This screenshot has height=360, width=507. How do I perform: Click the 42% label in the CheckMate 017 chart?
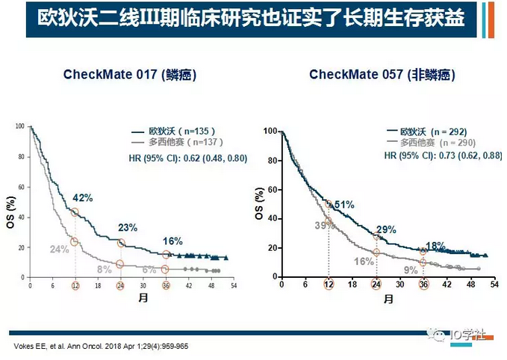click(82, 198)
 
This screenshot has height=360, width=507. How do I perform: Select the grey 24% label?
click(60, 250)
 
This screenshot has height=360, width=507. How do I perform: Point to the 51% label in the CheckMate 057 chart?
click(343, 205)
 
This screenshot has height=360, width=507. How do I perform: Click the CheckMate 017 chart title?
click(125, 75)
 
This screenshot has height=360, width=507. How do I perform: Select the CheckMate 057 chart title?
click(382, 75)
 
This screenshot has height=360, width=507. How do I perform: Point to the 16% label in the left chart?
click(173, 241)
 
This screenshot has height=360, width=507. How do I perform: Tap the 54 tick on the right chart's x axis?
click(494, 284)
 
